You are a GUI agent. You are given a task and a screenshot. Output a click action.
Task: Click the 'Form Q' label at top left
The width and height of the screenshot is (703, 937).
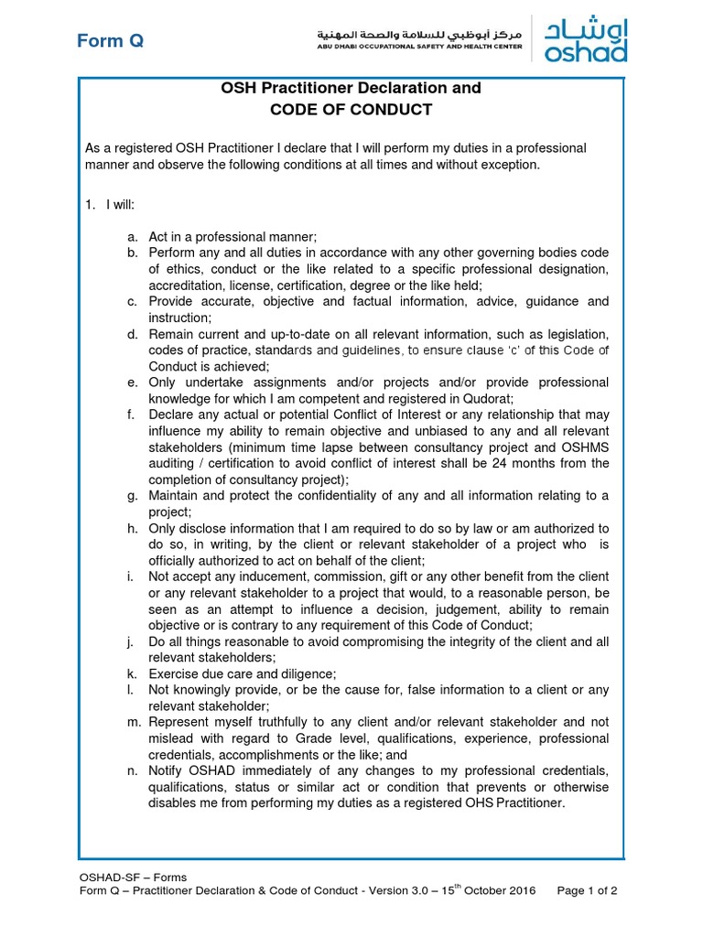click(x=110, y=41)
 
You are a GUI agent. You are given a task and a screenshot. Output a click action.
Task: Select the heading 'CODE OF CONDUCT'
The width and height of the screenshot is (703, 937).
click(x=351, y=110)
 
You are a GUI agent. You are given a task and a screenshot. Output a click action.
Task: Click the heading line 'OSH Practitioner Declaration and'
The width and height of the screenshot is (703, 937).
click(x=351, y=88)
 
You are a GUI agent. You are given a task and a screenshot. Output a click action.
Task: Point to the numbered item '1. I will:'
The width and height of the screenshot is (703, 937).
click(x=110, y=204)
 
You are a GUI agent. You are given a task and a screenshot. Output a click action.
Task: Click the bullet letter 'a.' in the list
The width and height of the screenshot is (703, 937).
click(x=133, y=236)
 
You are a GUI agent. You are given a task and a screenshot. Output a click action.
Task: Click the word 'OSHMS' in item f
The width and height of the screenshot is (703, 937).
click(x=584, y=447)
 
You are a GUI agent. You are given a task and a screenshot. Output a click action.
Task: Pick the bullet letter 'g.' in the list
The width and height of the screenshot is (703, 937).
click(x=133, y=496)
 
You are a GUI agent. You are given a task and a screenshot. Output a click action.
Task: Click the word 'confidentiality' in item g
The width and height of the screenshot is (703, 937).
click(x=318, y=496)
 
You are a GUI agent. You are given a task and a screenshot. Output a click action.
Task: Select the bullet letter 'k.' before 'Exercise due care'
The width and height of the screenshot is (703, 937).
click(x=133, y=673)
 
